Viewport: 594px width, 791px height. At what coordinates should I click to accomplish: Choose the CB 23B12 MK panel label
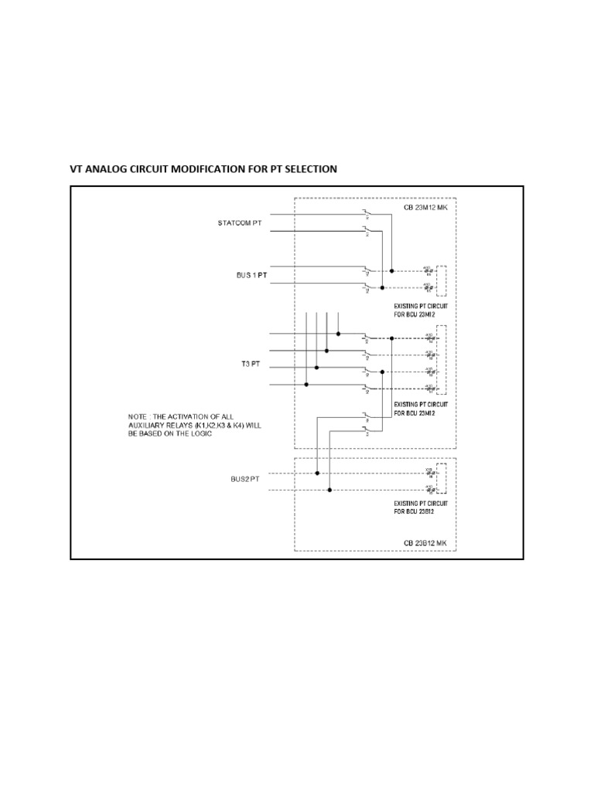425,543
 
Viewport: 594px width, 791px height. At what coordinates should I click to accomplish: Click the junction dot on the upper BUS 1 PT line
392,270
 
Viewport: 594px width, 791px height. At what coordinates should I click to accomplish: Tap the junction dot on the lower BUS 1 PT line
381,287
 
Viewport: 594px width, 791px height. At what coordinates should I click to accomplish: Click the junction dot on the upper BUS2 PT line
319,472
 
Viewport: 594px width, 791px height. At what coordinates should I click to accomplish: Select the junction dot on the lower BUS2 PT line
330,488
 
